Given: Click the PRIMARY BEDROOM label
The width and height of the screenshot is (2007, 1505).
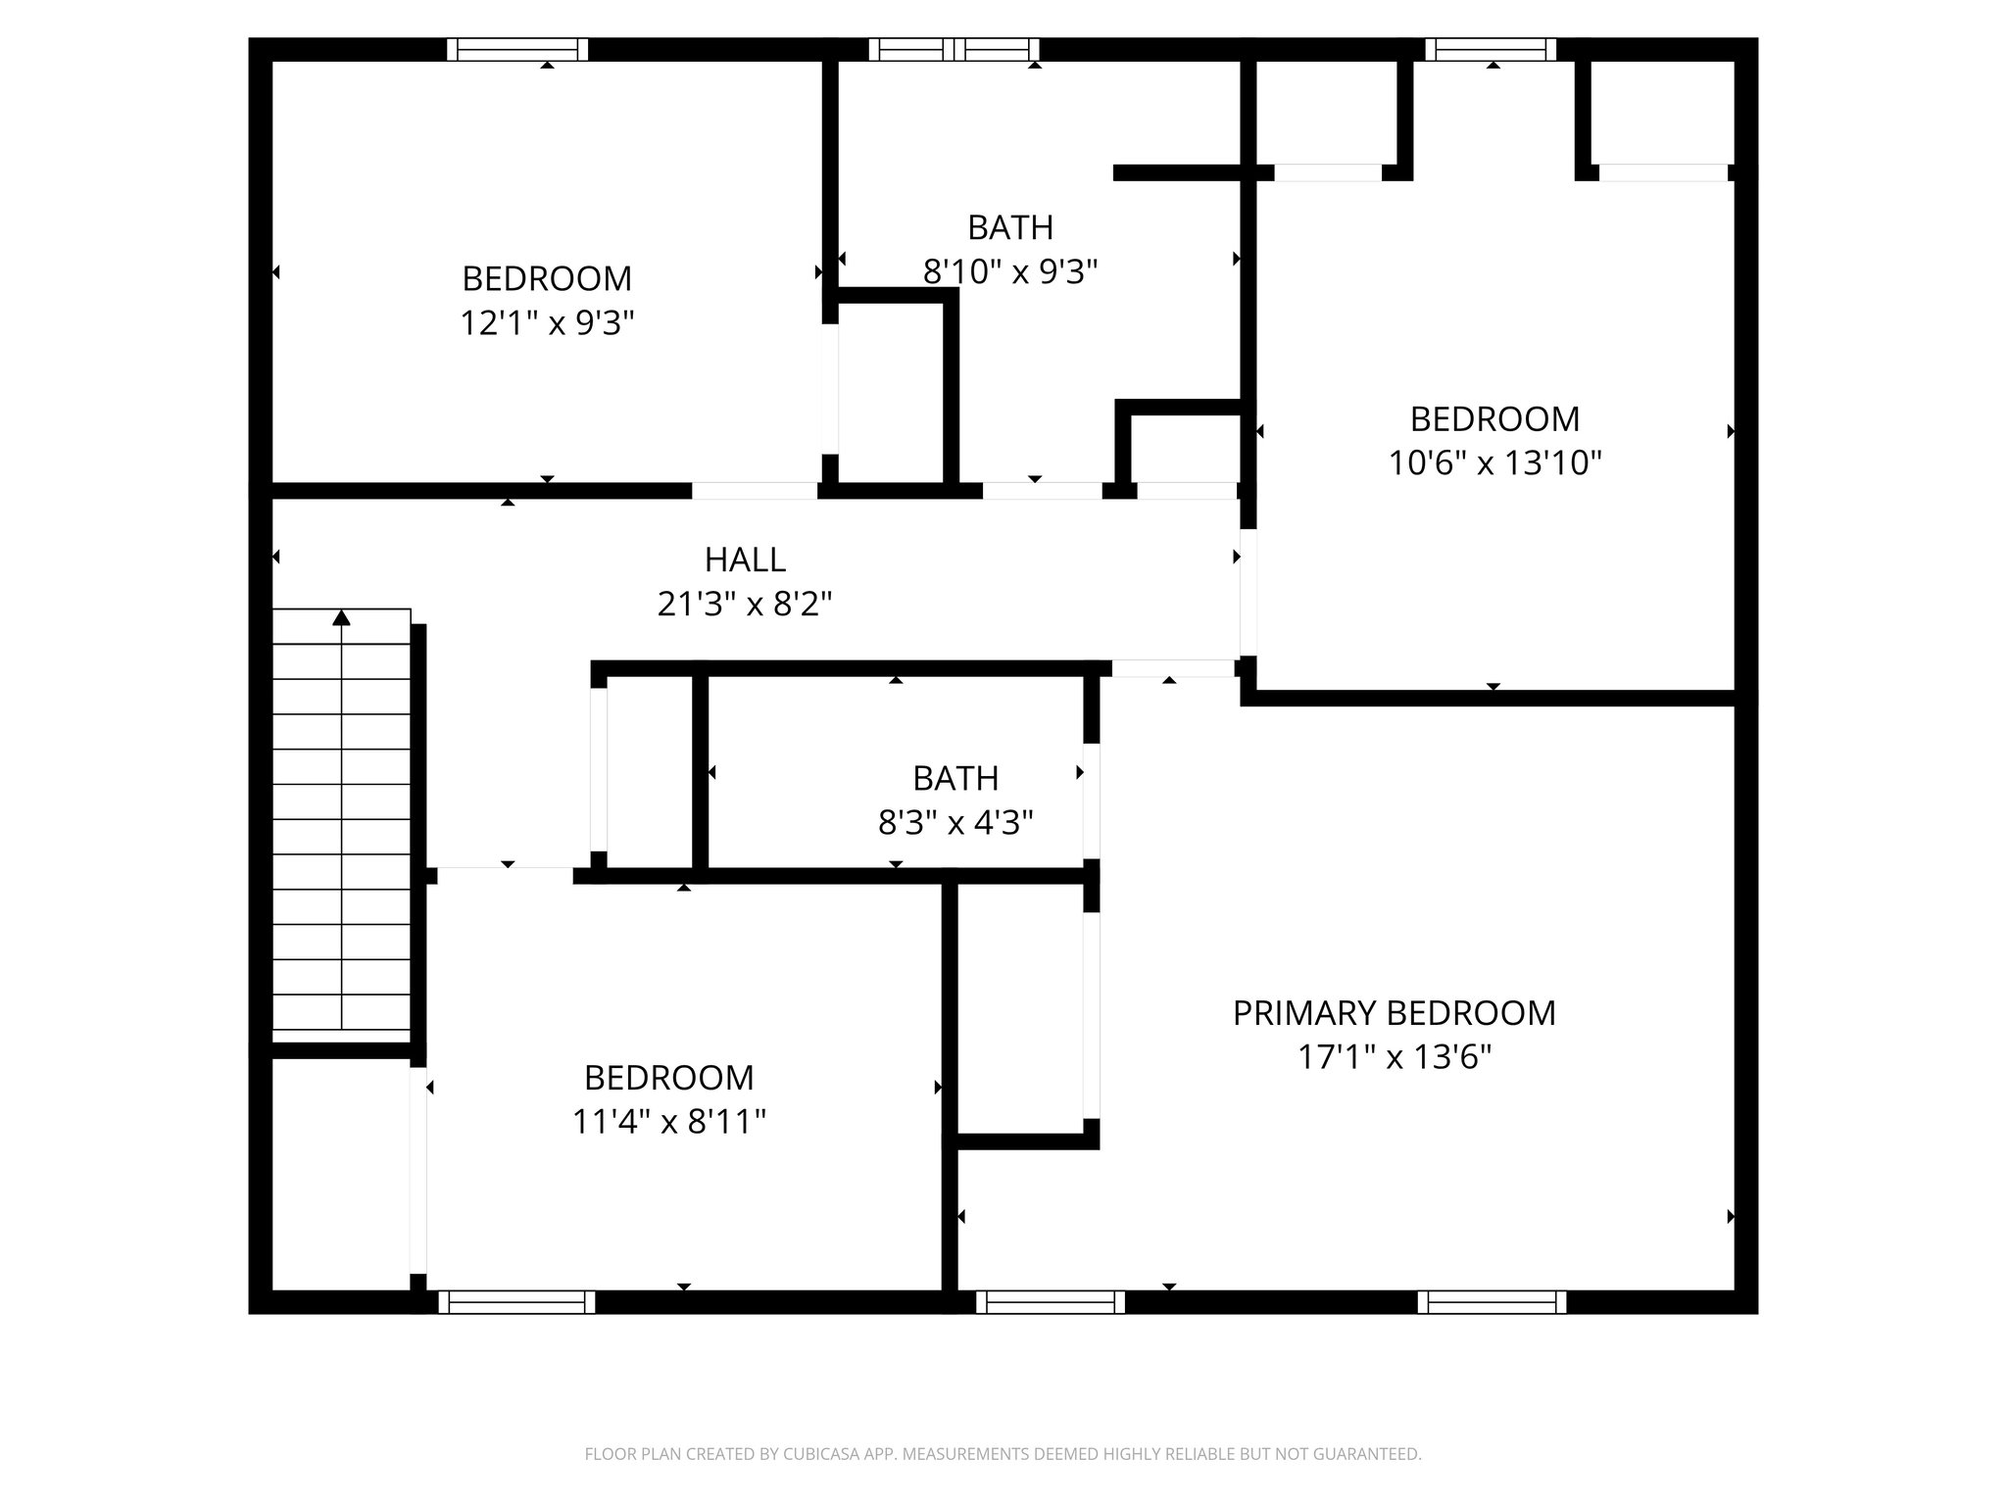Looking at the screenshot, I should point(1394,1013).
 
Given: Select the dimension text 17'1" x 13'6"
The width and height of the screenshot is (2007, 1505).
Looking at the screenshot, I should point(1394,1057).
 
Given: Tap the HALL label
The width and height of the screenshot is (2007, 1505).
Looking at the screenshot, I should point(745,560).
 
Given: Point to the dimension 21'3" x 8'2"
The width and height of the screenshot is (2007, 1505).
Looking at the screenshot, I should point(745,605).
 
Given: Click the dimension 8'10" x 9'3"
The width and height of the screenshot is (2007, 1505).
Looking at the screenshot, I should point(1009,271).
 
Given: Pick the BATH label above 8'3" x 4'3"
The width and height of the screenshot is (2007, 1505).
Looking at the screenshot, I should point(955,779).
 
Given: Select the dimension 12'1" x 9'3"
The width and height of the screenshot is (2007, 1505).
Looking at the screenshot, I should point(547,323).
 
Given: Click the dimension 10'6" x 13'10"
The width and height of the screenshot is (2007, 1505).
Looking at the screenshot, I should point(1494,462).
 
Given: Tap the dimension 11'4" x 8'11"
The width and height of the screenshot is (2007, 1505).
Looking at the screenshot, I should point(668,1121).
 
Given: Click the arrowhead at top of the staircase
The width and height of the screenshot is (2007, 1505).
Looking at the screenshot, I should point(341,617).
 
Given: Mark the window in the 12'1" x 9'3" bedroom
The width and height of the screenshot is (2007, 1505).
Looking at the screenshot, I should point(517,50).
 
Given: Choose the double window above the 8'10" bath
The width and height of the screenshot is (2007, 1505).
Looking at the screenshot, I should point(955,50).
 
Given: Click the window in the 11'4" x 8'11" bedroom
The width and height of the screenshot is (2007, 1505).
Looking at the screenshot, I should point(516,1302).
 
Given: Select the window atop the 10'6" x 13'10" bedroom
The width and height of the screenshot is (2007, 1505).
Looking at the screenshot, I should point(1491,50).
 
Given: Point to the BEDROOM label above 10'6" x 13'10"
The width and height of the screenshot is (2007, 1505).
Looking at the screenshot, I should point(1494,419).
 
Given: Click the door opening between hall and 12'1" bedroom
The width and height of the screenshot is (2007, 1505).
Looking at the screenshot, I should point(755,491).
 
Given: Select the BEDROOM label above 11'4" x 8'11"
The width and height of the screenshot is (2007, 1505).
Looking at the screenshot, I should point(668,1078).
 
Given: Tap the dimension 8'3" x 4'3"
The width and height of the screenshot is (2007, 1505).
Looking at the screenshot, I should point(955,823).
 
